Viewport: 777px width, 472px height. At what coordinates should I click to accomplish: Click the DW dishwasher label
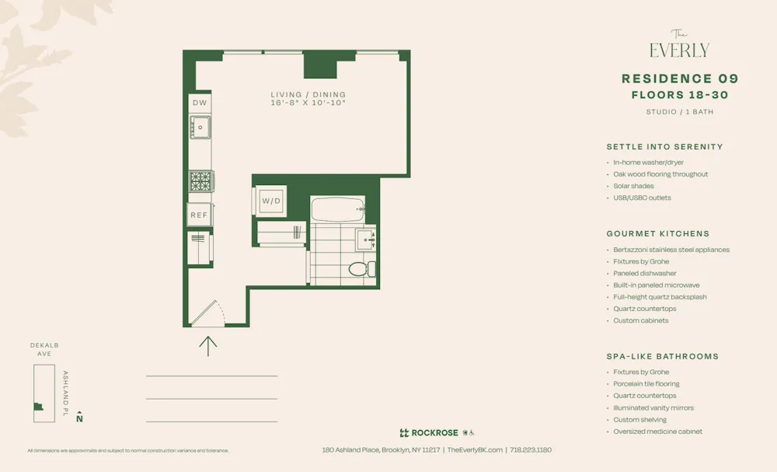200,103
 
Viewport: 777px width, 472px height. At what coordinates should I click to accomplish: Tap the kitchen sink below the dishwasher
200,127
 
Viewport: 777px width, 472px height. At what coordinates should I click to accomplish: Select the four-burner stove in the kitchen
200,181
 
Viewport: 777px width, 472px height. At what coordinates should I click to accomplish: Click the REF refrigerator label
200,215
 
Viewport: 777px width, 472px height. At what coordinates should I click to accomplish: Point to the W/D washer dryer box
271,201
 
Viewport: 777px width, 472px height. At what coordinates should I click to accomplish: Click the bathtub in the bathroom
337,208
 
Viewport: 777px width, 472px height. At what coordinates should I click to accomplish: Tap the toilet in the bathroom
361,269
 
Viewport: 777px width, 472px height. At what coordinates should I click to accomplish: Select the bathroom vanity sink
366,239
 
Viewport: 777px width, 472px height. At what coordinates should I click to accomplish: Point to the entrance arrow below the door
208,344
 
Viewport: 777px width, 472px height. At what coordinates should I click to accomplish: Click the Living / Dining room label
308,95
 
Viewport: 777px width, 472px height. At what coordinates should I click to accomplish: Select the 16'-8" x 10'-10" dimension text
308,103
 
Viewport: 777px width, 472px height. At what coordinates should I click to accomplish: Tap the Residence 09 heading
680,79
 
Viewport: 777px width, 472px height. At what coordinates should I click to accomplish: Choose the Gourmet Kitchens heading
657,233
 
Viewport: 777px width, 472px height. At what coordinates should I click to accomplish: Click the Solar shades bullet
633,186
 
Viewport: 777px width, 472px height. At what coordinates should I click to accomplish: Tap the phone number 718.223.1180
531,449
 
